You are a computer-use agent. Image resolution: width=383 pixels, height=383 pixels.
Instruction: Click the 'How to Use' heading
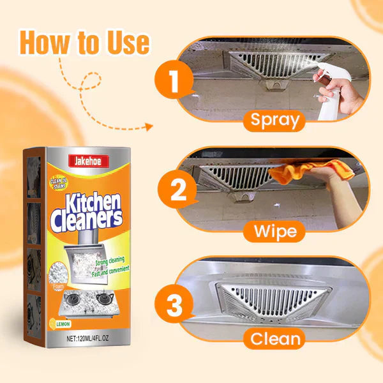[85, 42]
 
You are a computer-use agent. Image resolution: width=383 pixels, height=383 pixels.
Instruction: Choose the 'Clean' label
[275, 339]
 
